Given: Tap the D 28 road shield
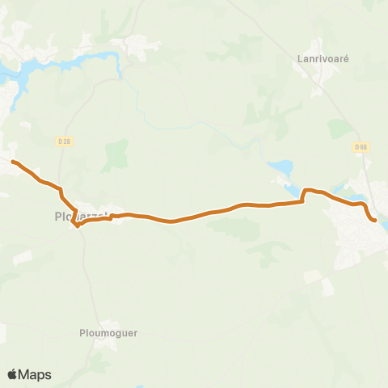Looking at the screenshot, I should (64, 141).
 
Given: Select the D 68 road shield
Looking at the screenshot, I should (361, 147).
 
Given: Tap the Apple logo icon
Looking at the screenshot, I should (12, 374).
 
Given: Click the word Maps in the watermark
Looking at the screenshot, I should (35, 374).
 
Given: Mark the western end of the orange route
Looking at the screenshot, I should (13, 162).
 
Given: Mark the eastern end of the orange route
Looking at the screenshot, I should (375, 219).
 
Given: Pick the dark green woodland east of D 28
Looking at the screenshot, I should (116, 154).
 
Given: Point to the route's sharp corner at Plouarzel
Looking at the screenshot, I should (78, 226).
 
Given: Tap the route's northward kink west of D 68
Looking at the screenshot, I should (305, 192).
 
